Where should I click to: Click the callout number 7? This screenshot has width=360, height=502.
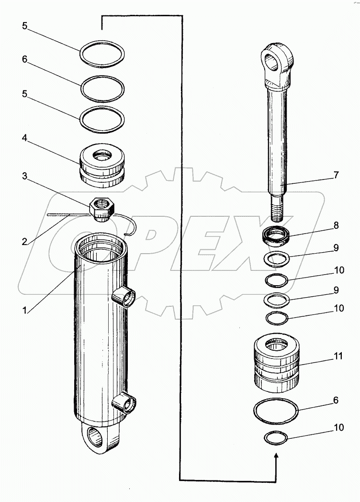[x=337, y=175]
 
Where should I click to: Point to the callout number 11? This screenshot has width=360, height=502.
[x=338, y=357]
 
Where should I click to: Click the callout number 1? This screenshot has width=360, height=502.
[x=23, y=310]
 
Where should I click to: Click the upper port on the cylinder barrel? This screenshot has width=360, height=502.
[x=126, y=300]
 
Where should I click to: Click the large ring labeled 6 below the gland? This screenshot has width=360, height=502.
[x=276, y=412]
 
